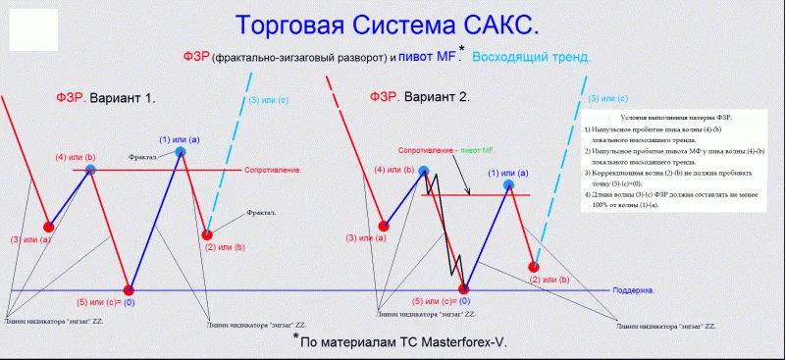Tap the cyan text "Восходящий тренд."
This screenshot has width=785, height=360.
(x=532, y=57)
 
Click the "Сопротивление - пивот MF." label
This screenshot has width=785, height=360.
(x=446, y=150)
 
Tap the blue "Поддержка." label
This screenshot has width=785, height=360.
(x=633, y=291)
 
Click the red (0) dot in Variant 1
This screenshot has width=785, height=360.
(x=129, y=289)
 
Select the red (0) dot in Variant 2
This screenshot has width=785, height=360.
(x=464, y=288)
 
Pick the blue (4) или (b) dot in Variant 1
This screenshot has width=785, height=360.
(x=90, y=170)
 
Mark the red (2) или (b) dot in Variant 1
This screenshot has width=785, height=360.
(x=207, y=234)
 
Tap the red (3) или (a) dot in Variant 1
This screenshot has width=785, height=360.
(x=48, y=226)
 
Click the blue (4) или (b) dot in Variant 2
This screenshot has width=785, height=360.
(x=424, y=171)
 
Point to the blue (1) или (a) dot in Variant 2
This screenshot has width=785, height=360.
(x=508, y=184)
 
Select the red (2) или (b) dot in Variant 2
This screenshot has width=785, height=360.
(x=534, y=266)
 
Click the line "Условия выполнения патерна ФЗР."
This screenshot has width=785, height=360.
(x=663, y=117)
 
